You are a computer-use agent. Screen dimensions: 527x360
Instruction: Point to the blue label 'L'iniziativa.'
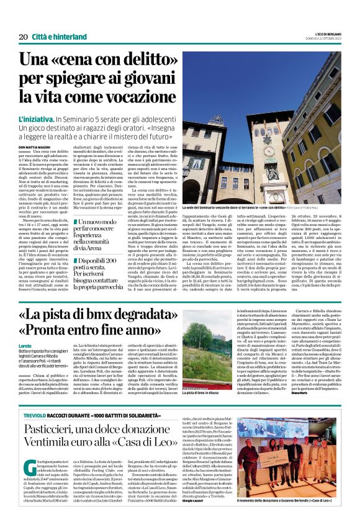click(x=37, y=117)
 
